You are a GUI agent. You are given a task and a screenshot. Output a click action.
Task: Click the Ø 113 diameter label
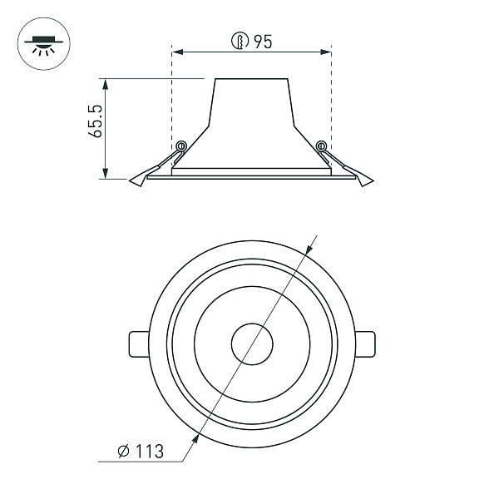pyautogui.click(x=141, y=452)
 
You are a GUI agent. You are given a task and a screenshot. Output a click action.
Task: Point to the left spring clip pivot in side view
pyautogui.click(x=180, y=146)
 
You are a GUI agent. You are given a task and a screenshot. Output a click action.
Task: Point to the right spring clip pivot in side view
pyautogui.click(x=322, y=146)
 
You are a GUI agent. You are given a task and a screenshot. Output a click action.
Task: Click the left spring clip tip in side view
pyautogui.click(x=136, y=180)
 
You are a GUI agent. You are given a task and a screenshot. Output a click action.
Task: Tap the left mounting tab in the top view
pyautogui.click(x=138, y=343)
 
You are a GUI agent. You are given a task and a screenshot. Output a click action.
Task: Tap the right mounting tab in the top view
pyautogui.click(x=365, y=343)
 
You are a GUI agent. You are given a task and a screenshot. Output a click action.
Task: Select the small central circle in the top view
pyautogui.click(x=251, y=343)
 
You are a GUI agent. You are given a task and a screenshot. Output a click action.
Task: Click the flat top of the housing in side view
pyautogui.click(x=251, y=79)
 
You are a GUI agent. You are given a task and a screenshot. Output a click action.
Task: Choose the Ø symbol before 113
pyautogui.click(x=122, y=452)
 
